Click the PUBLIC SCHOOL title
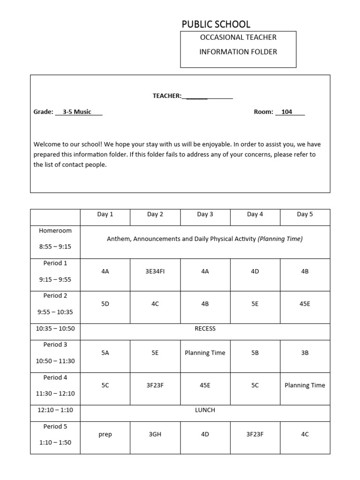click(x=216, y=24)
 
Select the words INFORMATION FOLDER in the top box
click(x=238, y=52)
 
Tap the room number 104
click(x=287, y=112)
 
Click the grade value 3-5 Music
click(x=77, y=112)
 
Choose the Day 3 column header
click(x=205, y=215)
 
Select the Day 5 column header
click(x=305, y=215)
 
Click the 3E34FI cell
click(x=155, y=271)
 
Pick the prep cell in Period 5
click(x=105, y=435)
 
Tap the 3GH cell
click(x=155, y=435)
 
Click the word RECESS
click(x=205, y=329)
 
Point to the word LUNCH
click(x=205, y=410)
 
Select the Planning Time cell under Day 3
click(x=205, y=353)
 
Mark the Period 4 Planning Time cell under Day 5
click(x=305, y=385)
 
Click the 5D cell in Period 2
click(x=105, y=304)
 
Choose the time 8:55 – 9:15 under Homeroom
click(x=55, y=247)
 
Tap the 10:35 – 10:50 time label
click(x=55, y=329)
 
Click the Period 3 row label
click(x=55, y=345)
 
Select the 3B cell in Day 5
click(x=305, y=353)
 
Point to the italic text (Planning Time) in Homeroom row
click(x=280, y=239)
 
